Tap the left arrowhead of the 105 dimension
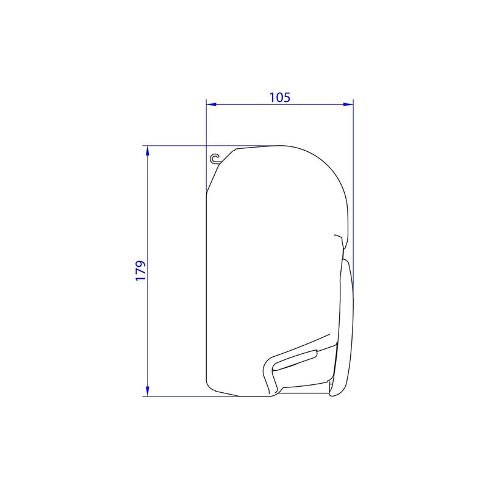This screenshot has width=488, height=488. click(210, 104)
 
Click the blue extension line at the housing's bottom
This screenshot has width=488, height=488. click(183, 396)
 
